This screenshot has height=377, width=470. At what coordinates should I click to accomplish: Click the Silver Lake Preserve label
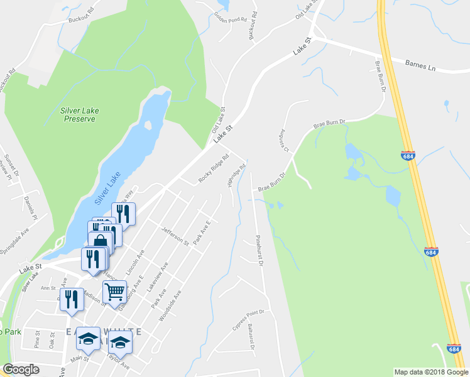coord(79,114)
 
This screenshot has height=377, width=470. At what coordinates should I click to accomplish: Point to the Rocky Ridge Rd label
coord(214,168)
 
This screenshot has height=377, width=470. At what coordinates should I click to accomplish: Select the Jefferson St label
coord(175,236)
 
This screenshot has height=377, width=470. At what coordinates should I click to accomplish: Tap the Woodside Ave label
coord(170,306)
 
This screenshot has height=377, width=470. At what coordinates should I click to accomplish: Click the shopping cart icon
coord(114,291)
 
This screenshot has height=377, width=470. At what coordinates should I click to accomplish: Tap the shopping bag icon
coord(101,241)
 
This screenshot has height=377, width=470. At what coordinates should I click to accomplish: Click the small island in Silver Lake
coord(148,124)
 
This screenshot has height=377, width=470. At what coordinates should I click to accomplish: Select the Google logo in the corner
coord(21,369)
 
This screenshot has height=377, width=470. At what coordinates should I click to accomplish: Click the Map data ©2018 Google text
coord(430,372)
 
